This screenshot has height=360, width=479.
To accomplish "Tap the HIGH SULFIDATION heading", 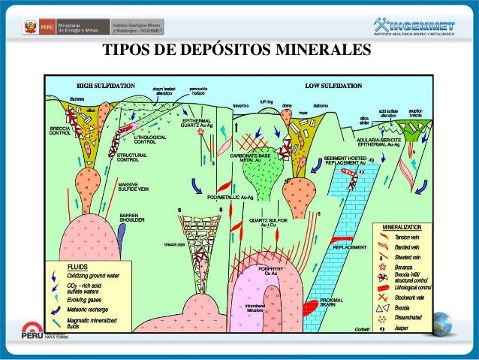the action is pyautogui.click(x=102, y=85).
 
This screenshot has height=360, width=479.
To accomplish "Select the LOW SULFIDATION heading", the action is pyautogui.click(x=333, y=85).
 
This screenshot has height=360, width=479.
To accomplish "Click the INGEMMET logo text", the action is pyautogui.click(x=423, y=26).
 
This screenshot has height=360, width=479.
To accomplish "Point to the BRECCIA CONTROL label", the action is pyautogui.click(x=60, y=132).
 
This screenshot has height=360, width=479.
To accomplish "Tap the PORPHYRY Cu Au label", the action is pyautogui.click(x=269, y=271).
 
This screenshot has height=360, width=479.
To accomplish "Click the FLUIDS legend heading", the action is pyautogui.click(x=79, y=266).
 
